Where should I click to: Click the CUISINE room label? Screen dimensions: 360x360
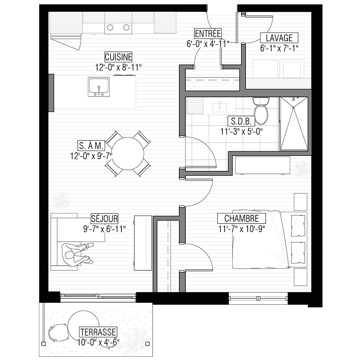tap(118, 57)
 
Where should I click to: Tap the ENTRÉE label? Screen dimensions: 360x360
tap(208, 33)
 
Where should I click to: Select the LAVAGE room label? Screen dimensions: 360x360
tap(279, 38)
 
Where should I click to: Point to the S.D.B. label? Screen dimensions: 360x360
tap(241, 121)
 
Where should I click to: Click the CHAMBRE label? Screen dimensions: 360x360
tap(242, 219)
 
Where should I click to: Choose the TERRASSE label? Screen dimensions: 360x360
tap(98, 332)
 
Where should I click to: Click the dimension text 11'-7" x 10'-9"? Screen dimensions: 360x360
tap(242, 229)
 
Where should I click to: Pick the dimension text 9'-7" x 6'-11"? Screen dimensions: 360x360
tap(104, 229)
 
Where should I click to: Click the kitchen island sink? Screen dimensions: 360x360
tap(99, 87)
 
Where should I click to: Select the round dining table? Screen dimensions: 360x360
tap(128, 153)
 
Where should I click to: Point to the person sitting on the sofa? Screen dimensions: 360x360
tap(77, 255)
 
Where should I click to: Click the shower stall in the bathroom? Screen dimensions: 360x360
tap(294, 124)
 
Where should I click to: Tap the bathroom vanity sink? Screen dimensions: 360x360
tap(219, 107)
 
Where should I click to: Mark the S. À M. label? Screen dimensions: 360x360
tap(91, 145)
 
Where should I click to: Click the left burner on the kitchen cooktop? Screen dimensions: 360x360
tap(110, 28)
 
